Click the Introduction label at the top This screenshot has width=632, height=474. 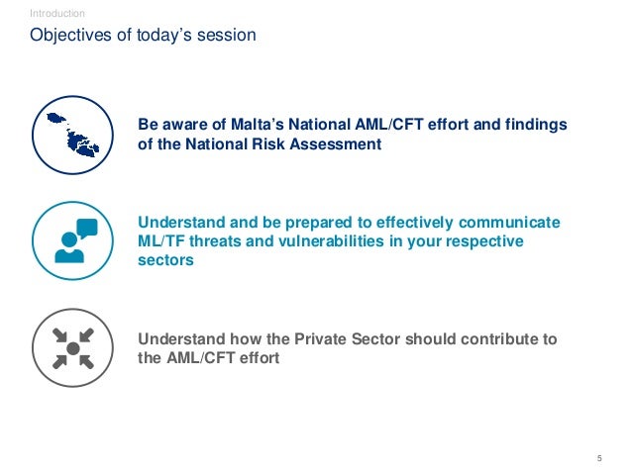[x=57, y=13]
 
